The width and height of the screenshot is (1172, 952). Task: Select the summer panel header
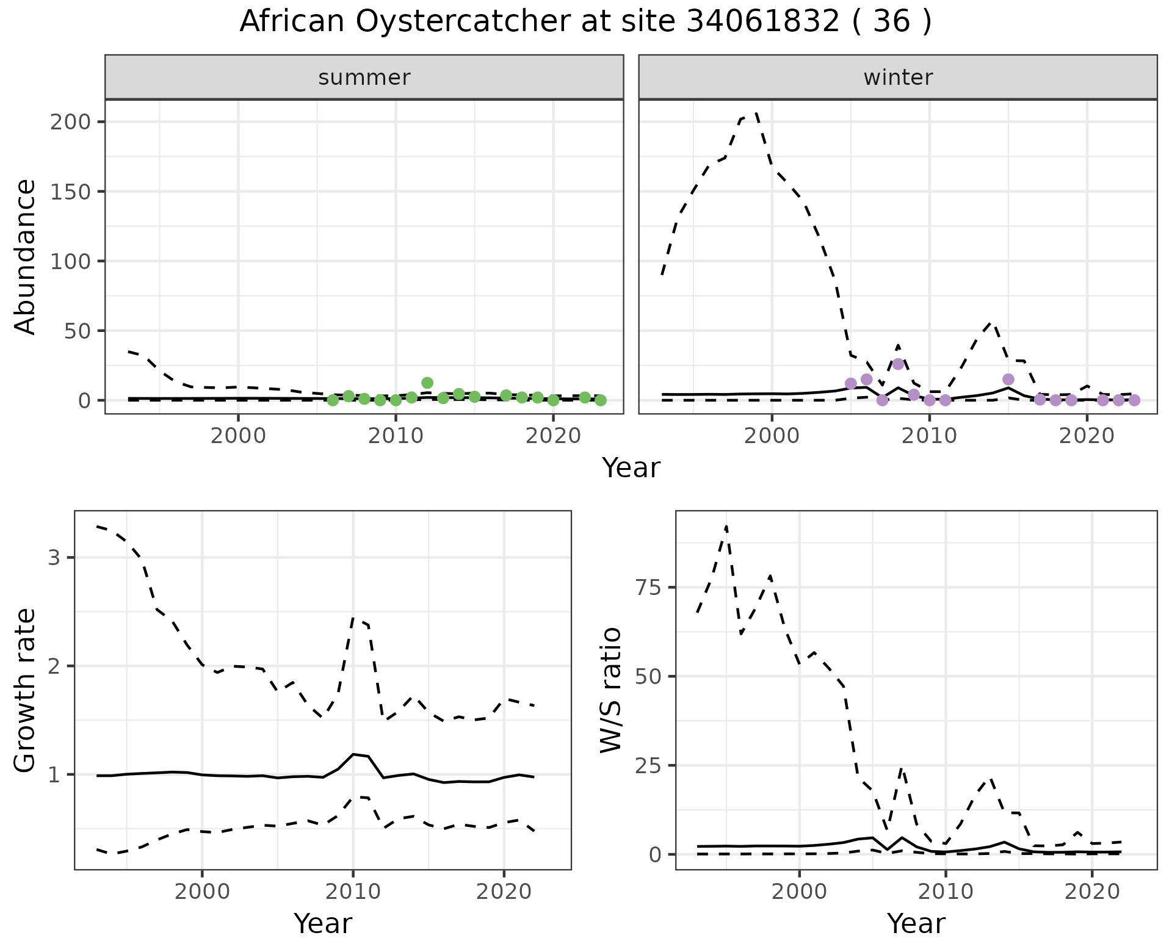pyautogui.click(x=364, y=78)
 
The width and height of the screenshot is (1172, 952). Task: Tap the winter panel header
pyautogui.click(x=898, y=78)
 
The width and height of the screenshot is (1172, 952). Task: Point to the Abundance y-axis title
pyautogui.click(x=26, y=257)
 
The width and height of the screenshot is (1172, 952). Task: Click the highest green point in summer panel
pyautogui.click(x=427, y=383)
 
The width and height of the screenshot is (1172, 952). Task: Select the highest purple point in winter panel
pyautogui.click(x=898, y=364)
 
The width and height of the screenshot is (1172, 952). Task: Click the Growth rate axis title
pyautogui.click(x=26, y=691)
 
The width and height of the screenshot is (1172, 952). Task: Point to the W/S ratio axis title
pyautogui.click(x=611, y=690)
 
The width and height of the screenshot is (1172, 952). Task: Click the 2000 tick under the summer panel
pyautogui.click(x=238, y=436)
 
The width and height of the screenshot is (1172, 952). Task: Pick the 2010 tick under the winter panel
pyautogui.click(x=929, y=436)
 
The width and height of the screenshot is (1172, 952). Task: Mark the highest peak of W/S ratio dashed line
pyautogui.click(x=726, y=527)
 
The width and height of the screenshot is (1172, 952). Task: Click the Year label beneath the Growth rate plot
pyautogui.click(x=323, y=923)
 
